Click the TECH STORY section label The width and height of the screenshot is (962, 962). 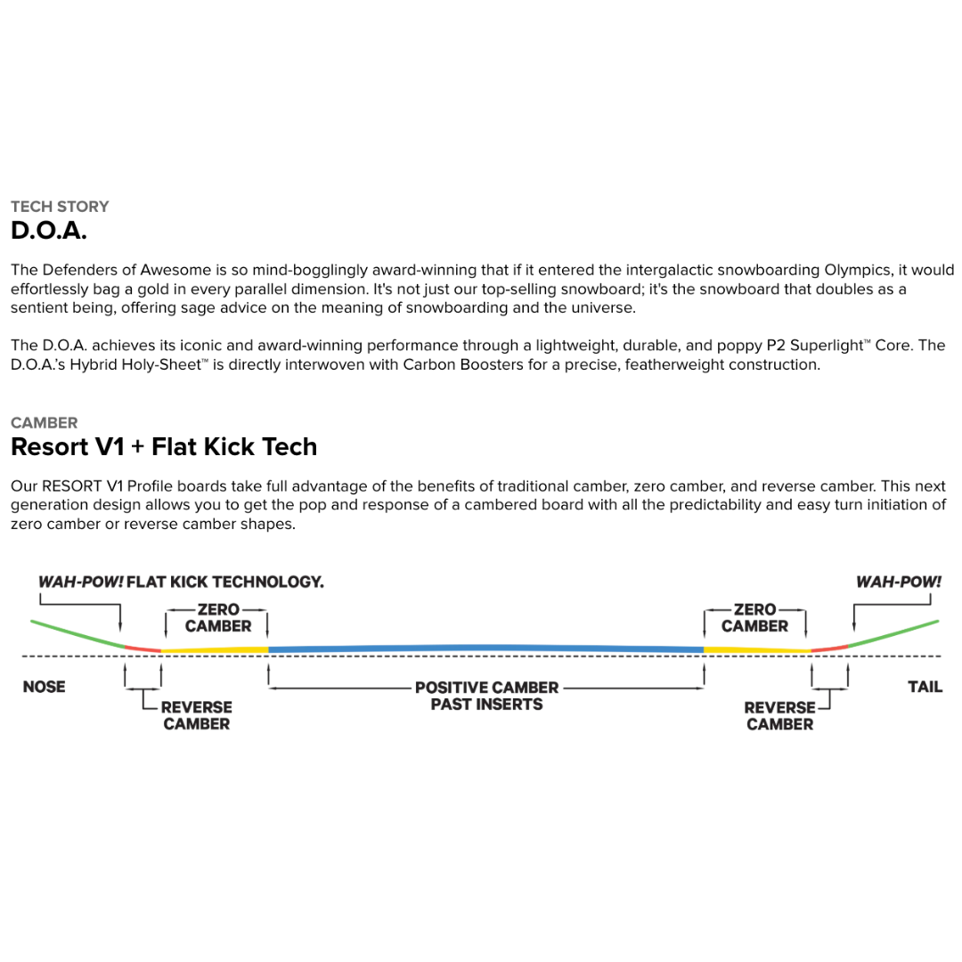(x=60, y=207)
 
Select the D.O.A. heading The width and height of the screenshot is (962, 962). (x=48, y=231)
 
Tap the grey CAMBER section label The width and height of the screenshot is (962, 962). (x=44, y=423)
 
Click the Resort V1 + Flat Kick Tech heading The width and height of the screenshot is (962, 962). (x=164, y=446)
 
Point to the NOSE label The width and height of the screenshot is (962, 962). (x=45, y=687)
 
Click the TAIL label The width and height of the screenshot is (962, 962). (x=925, y=687)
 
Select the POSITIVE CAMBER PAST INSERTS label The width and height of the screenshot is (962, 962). (x=486, y=696)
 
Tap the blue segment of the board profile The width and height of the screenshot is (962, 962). (x=485, y=648)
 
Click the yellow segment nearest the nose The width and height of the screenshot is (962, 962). (x=215, y=649)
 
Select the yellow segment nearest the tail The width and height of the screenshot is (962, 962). (x=757, y=649)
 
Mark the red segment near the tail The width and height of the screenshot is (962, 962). (x=829, y=648)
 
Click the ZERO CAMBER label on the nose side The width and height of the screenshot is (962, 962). (x=218, y=617)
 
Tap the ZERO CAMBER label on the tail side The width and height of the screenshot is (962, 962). (x=754, y=617)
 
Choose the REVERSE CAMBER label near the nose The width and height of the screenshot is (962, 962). (x=196, y=715)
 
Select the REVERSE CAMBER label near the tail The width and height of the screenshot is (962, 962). (x=779, y=715)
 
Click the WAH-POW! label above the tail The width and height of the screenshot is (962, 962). (x=898, y=582)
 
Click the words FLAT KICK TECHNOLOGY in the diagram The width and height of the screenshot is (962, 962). (x=225, y=582)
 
